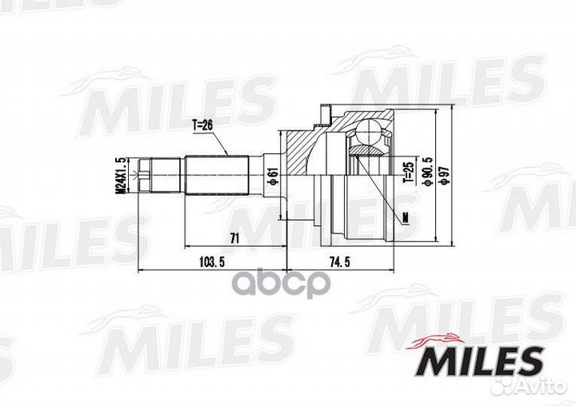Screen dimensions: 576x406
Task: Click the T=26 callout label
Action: (202, 125)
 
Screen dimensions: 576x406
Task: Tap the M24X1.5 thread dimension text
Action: (120, 175)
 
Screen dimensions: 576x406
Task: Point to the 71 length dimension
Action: (234, 238)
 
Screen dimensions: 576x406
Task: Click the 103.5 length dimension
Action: (211, 261)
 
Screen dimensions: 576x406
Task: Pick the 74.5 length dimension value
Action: (340, 261)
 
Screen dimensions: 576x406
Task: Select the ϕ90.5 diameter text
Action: (427, 172)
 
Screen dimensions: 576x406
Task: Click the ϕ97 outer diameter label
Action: (445, 175)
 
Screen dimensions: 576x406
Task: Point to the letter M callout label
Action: (406, 217)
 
